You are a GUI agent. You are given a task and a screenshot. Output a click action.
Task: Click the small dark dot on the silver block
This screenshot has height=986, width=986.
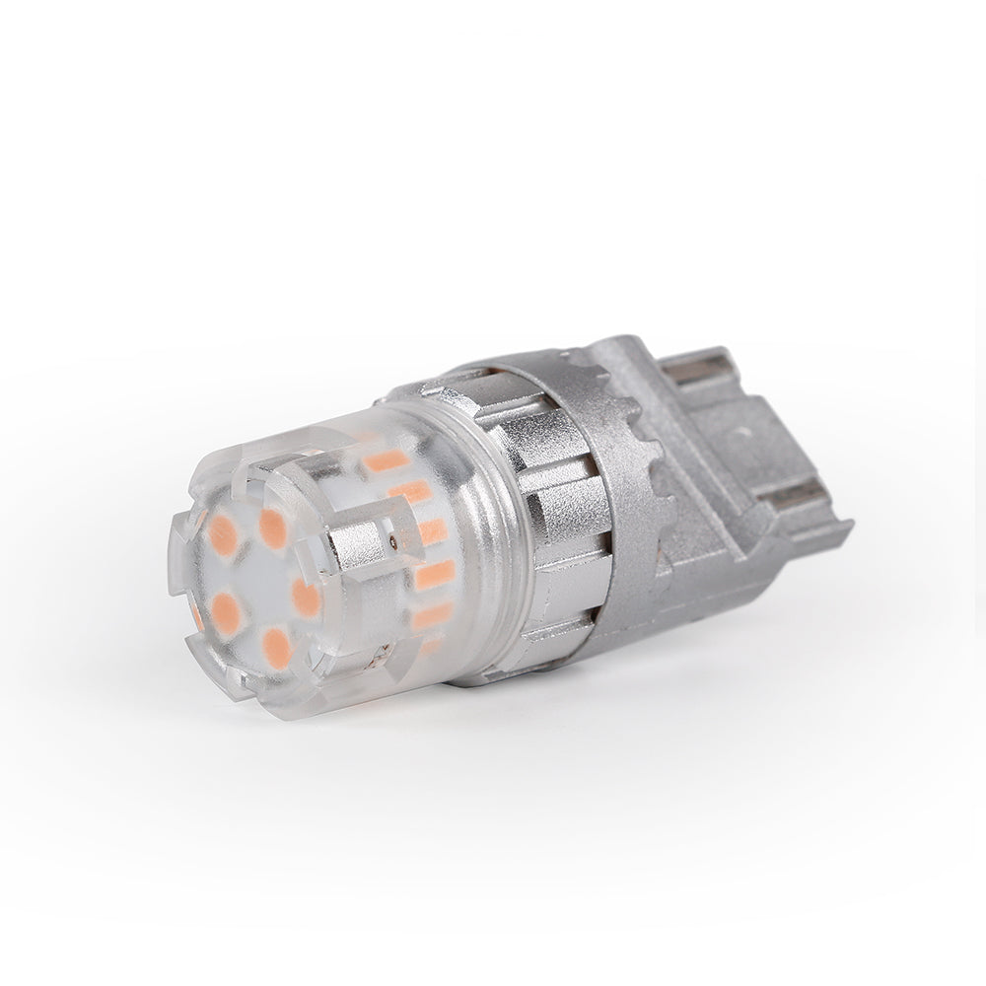pyautogui.click(x=394, y=541)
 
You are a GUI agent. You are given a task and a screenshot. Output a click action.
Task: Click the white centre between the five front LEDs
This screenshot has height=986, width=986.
pyautogui.click(x=259, y=572)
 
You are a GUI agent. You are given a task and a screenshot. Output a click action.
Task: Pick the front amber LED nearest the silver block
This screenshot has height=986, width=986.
pyautogui.click(x=307, y=598)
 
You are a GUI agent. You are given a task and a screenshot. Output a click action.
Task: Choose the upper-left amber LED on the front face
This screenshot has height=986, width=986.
pyautogui.click(x=223, y=533)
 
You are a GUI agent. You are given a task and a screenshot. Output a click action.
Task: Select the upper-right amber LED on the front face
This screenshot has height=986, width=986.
pyautogui.click(x=273, y=528)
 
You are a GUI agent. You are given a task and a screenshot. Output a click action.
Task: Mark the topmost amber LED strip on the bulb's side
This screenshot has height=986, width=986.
pyautogui.click(x=386, y=460)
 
